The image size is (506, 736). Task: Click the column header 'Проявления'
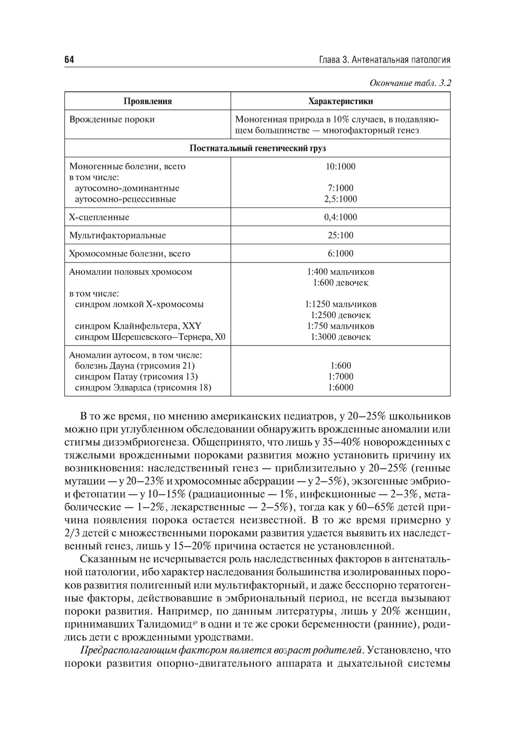(x=148, y=101)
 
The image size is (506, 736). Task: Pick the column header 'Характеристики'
(x=341, y=101)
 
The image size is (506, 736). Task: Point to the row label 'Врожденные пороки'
(x=112, y=119)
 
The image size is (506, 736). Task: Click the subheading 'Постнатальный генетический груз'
(x=258, y=148)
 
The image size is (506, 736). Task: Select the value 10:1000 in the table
(x=341, y=166)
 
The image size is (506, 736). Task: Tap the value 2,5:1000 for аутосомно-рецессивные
(x=341, y=199)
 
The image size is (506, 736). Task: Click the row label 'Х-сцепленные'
(x=99, y=217)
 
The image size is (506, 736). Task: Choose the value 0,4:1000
(x=341, y=217)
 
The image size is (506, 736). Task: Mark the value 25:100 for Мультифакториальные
(x=341, y=235)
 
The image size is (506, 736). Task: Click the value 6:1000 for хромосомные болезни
(x=341, y=253)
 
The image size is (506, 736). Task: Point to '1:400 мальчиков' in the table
(x=341, y=272)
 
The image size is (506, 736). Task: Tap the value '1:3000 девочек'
(x=341, y=337)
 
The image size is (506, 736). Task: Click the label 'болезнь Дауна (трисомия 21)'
(x=135, y=366)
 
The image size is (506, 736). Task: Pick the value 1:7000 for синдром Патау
(x=341, y=376)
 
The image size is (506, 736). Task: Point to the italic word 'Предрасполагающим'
(x=121, y=649)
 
